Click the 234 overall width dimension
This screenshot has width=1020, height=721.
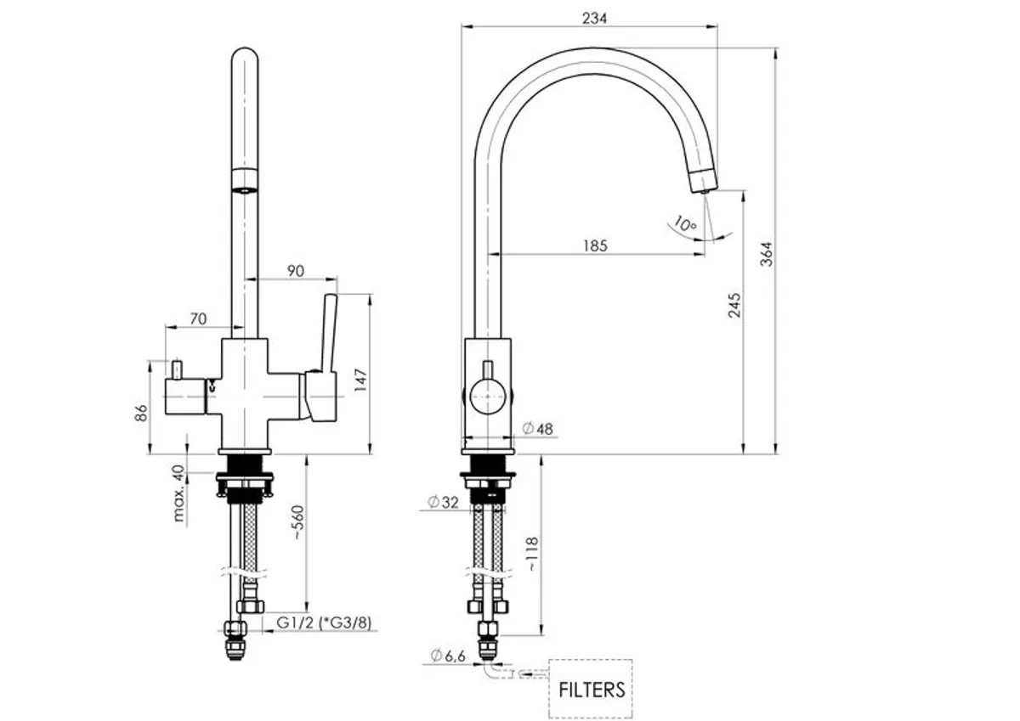pyautogui.click(x=595, y=19)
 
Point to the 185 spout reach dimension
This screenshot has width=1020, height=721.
pyautogui.click(x=595, y=245)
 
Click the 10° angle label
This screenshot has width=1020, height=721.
pyautogui.click(x=683, y=225)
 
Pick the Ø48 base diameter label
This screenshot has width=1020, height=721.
pyautogui.click(x=538, y=429)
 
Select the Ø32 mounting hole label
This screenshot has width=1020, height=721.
pyautogui.click(x=444, y=503)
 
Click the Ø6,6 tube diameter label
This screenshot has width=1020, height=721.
pyautogui.click(x=447, y=656)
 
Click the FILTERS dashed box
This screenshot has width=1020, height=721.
pyautogui.click(x=592, y=688)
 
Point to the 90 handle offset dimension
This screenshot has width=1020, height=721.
pyautogui.click(x=296, y=271)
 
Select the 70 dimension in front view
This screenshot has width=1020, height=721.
pyautogui.click(x=198, y=318)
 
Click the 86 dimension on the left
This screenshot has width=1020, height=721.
pyautogui.click(x=142, y=412)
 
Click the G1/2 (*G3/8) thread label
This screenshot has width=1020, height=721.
pyautogui.click(x=323, y=623)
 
